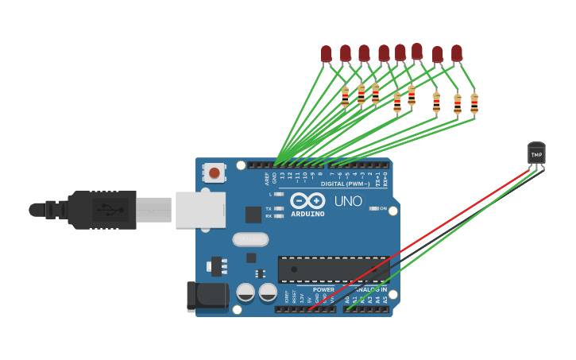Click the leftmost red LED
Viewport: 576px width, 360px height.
pos(326,53)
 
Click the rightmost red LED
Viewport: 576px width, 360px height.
pos(457,53)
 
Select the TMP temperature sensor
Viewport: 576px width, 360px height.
pos(536,154)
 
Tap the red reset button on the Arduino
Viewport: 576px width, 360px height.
pos(215,172)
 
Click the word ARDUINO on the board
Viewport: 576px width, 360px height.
pos(307,214)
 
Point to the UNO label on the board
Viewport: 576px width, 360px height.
pos(348,201)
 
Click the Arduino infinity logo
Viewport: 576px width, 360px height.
pos(307,200)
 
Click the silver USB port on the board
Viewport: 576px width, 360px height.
pos(199,210)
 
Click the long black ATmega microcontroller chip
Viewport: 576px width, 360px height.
pos(333,269)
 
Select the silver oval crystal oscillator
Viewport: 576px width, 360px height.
pos(250,239)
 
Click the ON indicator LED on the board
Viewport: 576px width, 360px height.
pos(373,208)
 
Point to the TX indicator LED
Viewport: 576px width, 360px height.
pos(278,208)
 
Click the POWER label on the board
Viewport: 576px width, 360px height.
pos(323,289)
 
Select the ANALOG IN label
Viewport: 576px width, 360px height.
pos(370,289)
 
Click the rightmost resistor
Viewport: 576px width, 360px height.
pos(474,103)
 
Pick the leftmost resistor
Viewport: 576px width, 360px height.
pos(345,97)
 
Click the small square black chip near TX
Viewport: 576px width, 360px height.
pos(253,215)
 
